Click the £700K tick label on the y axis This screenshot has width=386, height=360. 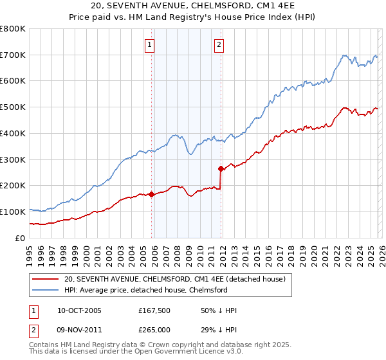point(13,55)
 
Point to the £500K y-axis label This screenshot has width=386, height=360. point(13,107)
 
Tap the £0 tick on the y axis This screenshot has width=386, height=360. point(19,238)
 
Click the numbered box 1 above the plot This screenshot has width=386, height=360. point(149,45)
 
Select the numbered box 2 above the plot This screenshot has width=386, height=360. point(219,45)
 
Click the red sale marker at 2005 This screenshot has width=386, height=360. point(152,194)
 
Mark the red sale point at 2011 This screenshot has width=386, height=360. point(221,169)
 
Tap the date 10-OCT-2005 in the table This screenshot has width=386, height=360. point(79,310)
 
